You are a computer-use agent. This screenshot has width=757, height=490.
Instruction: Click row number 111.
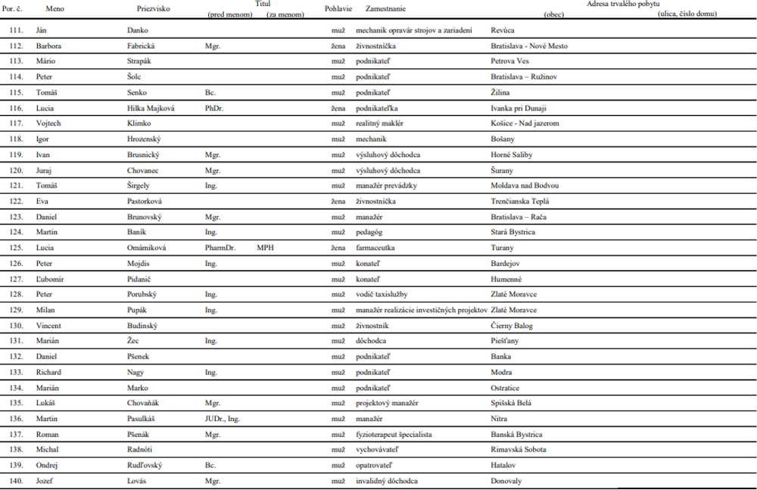pyautogui.click(x=16, y=30)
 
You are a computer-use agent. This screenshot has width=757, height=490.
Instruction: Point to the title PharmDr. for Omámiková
pyautogui.click(x=220, y=247)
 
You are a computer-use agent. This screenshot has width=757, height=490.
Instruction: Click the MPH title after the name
pyautogui.click(x=263, y=247)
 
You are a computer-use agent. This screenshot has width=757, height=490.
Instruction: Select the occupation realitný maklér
pyautogui.click(x=381, y=122)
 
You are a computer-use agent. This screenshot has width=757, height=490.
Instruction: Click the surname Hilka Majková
pyautogui.click(x=151, y=108)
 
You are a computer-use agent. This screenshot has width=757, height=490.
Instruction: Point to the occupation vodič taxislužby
pyautogui.click(x=387, y=294)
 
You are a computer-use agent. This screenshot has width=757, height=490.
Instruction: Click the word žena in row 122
pyautogui.click(x=338, y=200)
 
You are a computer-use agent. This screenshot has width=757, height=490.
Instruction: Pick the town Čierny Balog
pyautogui.click(x=516, y=325)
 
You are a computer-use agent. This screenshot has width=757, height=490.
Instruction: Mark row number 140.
pyautogui.click(x=16, y=481)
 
